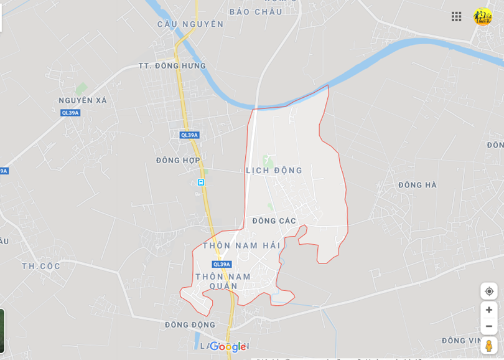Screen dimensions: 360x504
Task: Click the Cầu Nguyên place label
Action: pos(190,24)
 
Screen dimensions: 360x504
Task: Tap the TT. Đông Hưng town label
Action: pos(172,66)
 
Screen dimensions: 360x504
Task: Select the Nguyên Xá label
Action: pos(83,100)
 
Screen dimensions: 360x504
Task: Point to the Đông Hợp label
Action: pos(178,160)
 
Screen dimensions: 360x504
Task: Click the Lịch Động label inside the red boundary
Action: pos(274,170)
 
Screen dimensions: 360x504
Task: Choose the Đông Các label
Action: pos(274,220)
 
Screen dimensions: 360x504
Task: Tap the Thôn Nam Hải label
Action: pos(241,245)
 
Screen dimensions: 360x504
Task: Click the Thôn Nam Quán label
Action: pos(223,281)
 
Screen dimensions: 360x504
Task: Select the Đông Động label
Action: pos(190,324)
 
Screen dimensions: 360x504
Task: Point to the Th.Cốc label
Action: pos(41,266)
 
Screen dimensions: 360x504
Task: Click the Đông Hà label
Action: pos(418,185)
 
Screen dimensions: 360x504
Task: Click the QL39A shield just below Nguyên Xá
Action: pos(70,113)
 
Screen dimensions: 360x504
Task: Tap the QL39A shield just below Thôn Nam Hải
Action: pos(222,264)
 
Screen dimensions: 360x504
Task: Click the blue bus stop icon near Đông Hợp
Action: pos(201,182)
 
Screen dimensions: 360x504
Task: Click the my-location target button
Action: pos(488,291)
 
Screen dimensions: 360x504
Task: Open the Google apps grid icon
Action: pos(456,16)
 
